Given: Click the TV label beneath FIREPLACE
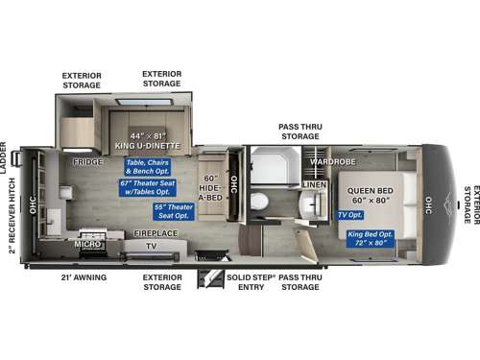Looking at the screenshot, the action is tap(151, 246).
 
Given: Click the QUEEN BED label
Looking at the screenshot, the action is tap(370, 196).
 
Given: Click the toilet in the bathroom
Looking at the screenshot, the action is tap(260, 201).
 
